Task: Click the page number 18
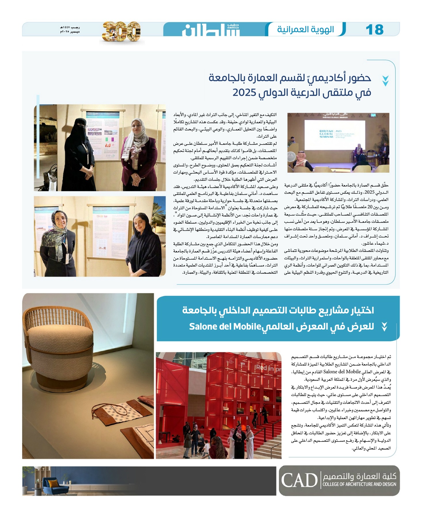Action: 375,30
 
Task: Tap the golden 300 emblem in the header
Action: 121,31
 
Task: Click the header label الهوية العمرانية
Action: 305,29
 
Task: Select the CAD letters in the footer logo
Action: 299,480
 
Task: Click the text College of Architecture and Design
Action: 359,484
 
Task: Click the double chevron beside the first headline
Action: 385,81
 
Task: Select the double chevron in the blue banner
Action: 384,327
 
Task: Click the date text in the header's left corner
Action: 70,29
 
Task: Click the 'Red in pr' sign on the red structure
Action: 268,368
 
